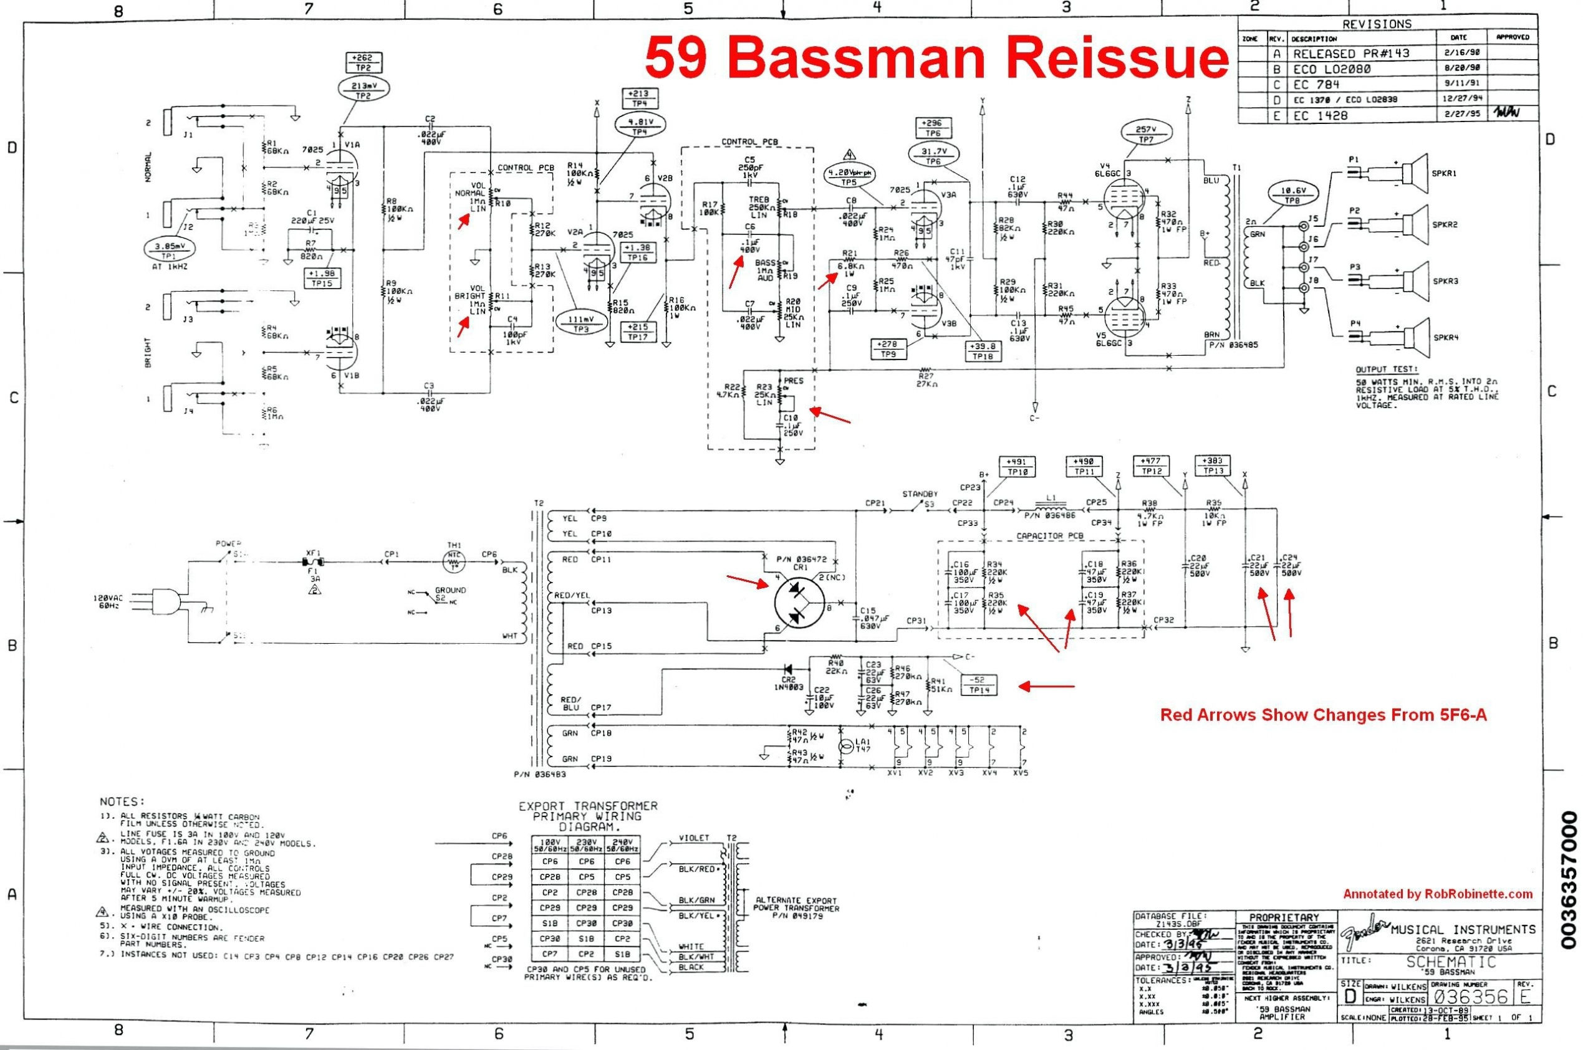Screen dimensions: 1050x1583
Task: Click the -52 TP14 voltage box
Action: pyautogui.click(x=979, y=684)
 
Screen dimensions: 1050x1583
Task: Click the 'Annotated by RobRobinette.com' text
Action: pyautogui.click(x=1437, y=894)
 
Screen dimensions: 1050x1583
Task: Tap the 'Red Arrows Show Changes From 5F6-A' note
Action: pyautogui.click(x=1323, y=715)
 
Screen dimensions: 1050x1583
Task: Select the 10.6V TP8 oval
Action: pyautogui.click(x=1292, y=196)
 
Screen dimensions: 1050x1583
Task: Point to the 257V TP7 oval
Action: pyautogui.click(x=1145, y=134)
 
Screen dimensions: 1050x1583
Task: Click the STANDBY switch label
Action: pyautogui.click(x=920, y=494)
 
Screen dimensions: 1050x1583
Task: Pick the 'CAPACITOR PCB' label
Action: pyautogui.click(x=1050, y=536)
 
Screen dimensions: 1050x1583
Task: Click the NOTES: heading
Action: pyautogui.click(x=122, y=801)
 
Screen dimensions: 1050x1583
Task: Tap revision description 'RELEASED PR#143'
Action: pyautogui.click(x=1344, y=54)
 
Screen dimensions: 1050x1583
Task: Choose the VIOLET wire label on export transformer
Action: pyautogui.click(x=694, y=838)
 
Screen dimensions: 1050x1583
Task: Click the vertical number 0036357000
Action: pyautogui.click(x=1569, y=879)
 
